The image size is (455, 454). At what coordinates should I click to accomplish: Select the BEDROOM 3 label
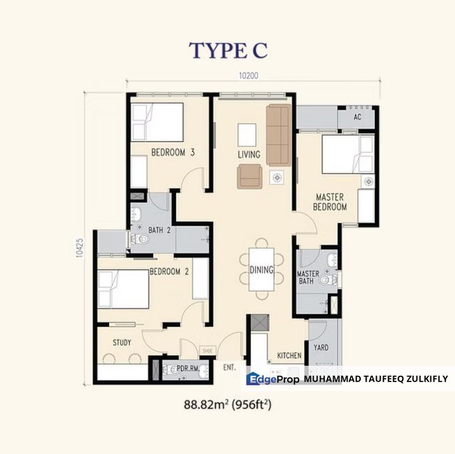pyautogui.click(x=172, y=152)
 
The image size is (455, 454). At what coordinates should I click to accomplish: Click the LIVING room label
pyautogui.click(x=249, y=154)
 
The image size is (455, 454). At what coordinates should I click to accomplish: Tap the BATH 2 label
pyautogui.click(x=160, y=230)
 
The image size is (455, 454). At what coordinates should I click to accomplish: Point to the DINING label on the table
pyautogui.click(x=261, y=271)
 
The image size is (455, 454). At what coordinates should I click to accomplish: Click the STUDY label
pyautogui.click(x=122, y=343)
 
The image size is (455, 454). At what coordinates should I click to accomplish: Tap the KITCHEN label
pyautogui.click(x=290, y=356)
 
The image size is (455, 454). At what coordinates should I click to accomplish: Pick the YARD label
pyautogui.click(x=321, y=347)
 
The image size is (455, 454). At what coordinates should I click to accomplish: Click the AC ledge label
pyautogui.click(x=357, y=117)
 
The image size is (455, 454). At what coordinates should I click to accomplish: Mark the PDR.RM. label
pyautogui.click(x=184, y=369)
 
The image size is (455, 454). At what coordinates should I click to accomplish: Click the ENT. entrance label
pyautogui.click(x=228, y=365)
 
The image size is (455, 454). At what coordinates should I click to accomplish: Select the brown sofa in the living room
pyautogui.click(x=278, y=133)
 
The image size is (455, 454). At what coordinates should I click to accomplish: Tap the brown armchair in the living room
pyautogui.click(x=250, y=176)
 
